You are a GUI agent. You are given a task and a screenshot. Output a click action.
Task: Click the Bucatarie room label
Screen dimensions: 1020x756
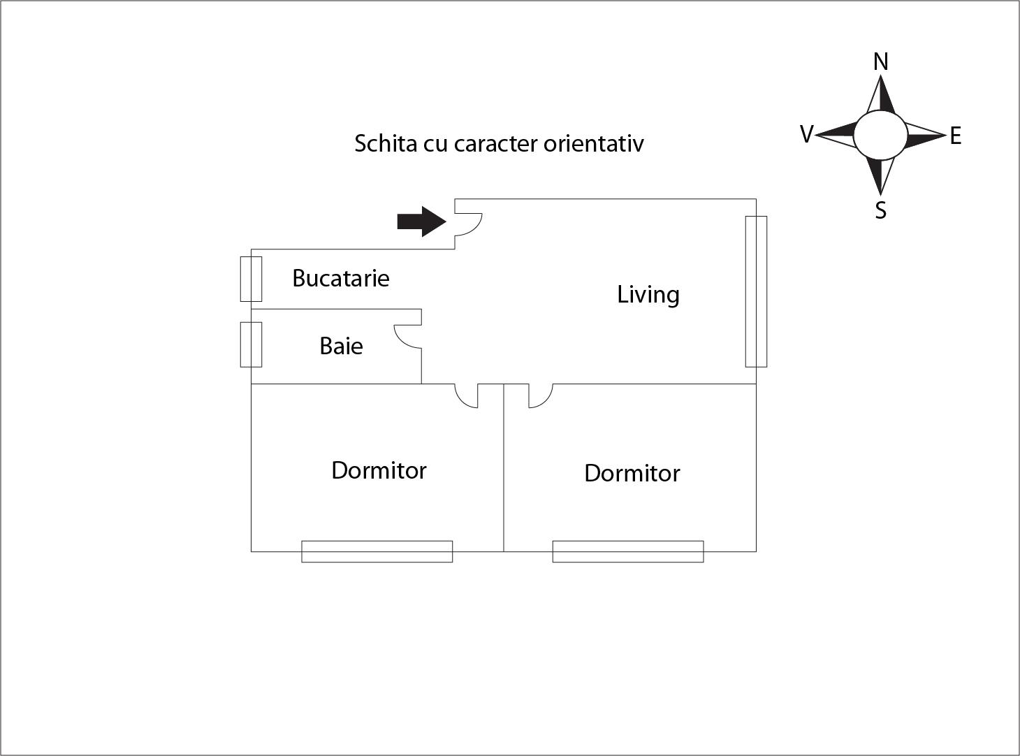341,278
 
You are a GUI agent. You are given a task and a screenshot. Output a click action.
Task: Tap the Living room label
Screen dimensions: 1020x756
648,295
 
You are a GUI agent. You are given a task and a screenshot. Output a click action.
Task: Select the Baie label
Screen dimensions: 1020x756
341,346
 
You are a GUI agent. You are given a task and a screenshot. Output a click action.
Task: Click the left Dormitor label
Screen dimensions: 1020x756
379,470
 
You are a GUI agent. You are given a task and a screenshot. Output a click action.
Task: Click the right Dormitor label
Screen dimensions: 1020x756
632,473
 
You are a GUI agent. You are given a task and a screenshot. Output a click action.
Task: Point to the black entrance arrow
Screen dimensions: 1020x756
422,221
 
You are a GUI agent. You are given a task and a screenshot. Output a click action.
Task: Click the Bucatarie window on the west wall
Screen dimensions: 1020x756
251,279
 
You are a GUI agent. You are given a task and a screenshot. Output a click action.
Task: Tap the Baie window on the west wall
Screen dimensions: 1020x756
251,344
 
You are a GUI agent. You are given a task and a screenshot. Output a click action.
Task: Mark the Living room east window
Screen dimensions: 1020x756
756,291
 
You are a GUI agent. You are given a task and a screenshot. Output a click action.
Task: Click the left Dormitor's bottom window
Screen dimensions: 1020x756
377,551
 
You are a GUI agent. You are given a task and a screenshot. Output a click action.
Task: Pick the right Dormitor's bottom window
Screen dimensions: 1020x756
628,551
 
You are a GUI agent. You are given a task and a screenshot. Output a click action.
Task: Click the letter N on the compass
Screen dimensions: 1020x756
881,61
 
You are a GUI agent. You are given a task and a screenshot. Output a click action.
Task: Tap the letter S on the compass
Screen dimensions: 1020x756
881,210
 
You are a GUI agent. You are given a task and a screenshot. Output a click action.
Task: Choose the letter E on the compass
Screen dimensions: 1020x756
956,136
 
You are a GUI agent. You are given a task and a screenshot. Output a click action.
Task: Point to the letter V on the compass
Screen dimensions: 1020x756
807,134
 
